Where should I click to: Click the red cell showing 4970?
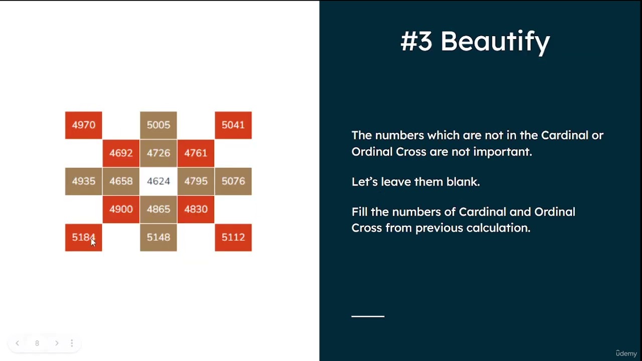[x=83, y=125]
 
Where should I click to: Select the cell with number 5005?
[x=158, y=125]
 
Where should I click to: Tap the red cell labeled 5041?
[x=233, y=125]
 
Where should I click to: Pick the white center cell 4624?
[x=158, y=181]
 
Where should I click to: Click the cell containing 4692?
[x=121, y=153]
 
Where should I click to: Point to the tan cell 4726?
[x=158, y=153]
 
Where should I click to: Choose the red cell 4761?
[x=196, y=153]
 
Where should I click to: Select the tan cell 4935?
[x=83, y=181]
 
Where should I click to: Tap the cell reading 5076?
[x=233, y=181]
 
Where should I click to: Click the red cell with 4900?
[x=121, y=209]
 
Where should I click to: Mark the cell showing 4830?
[x=196, y=209]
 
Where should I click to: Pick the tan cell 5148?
[x=158, y=237]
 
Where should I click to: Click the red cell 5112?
[x=233, y=237]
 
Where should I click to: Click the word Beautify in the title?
[x=495, y=42]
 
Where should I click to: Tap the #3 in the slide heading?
[x=416, y=42]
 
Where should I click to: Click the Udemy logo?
[x=626, y=353]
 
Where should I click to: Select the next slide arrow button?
[x=57, y=343]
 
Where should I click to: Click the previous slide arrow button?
[x=18, y=343]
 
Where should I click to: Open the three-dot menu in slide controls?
[x=72, y=343]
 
